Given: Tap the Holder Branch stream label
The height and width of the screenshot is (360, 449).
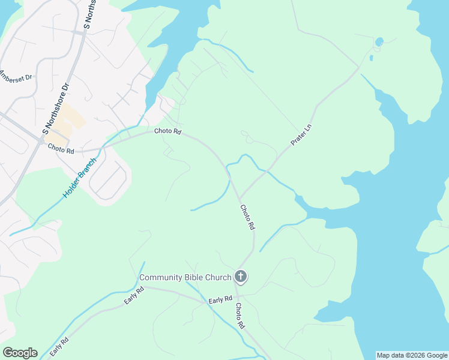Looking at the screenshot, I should click(79, 178).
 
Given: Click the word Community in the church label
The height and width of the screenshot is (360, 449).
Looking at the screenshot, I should click(162, 277).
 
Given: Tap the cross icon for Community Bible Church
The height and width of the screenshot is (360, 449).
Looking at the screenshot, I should click(240, 277).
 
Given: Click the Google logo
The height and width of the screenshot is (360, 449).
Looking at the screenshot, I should click(20, 353).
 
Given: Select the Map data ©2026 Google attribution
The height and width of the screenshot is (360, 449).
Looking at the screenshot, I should click(412, 355).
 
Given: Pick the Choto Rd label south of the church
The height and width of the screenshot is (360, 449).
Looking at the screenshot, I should click(240, 316).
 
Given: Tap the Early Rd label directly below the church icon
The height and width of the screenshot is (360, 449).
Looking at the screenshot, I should click(220, 299).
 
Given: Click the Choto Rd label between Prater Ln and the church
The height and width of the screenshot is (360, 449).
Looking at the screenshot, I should click(247, 218).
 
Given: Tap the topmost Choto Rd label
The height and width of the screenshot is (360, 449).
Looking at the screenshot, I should click(167, 131).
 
